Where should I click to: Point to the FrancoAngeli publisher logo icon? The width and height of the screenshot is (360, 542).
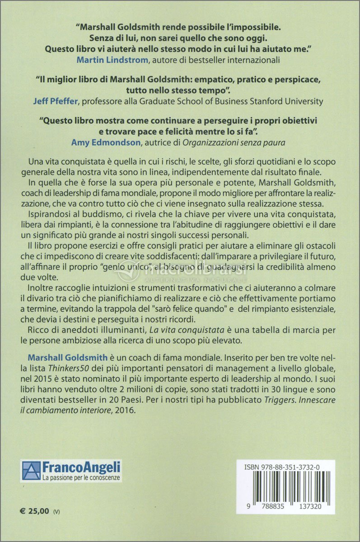30,470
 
